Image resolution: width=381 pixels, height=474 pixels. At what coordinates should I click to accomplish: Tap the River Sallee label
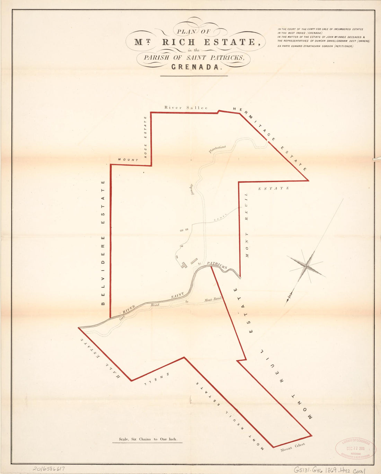pyautogui.click(x=186, y=108)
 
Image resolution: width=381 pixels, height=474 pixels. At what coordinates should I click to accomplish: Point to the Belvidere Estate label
pyautogui.click(x=103, y=243)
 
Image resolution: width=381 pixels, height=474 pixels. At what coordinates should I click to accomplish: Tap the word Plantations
pyautogui.click(x=217, y=149)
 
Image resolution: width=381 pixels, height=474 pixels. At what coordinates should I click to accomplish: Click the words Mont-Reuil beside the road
pyautogui.click(x=213, y=300)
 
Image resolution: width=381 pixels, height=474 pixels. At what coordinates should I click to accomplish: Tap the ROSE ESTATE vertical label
pyautogui.click(x=145, y=137)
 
